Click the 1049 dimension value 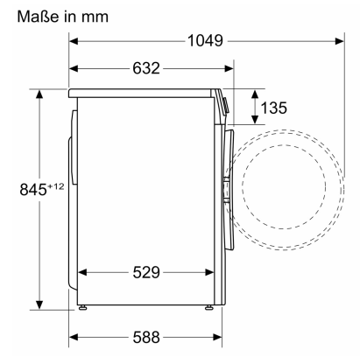click(x=205, y=41)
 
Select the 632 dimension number click(x=146, y=68)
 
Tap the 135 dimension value click(x=273, y=108)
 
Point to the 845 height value click(x=33, y=190)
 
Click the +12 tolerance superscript click(x=55, y=186)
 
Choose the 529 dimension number click(x=146, y=273)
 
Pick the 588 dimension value click(x=146, y=338)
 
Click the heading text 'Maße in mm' click(x=63, y=17)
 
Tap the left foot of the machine click(x=83, y=307)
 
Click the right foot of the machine click(x=209, y=307)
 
